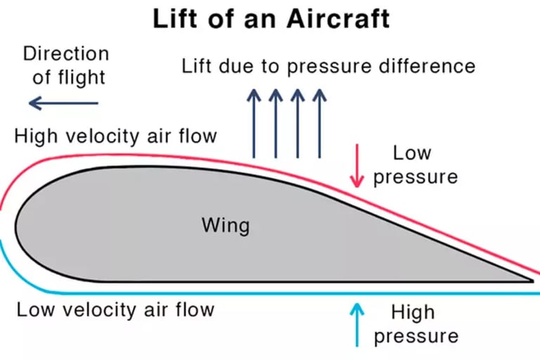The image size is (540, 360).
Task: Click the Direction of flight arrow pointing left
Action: [63, 104]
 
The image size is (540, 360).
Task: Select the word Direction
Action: [66, 53]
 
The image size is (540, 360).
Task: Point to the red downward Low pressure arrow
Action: [358, 167]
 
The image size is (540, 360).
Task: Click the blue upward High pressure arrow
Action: [358, 325]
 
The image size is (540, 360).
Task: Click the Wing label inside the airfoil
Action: [225, 226]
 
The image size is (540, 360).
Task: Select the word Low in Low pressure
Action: [412, 153]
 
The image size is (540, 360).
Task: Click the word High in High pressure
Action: [413, 311]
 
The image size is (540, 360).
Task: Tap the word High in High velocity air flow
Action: [34, 136]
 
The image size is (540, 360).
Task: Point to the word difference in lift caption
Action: [429, 67]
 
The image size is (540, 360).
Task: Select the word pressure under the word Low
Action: [415, 176]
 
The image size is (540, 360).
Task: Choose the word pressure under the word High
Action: [415, 336]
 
